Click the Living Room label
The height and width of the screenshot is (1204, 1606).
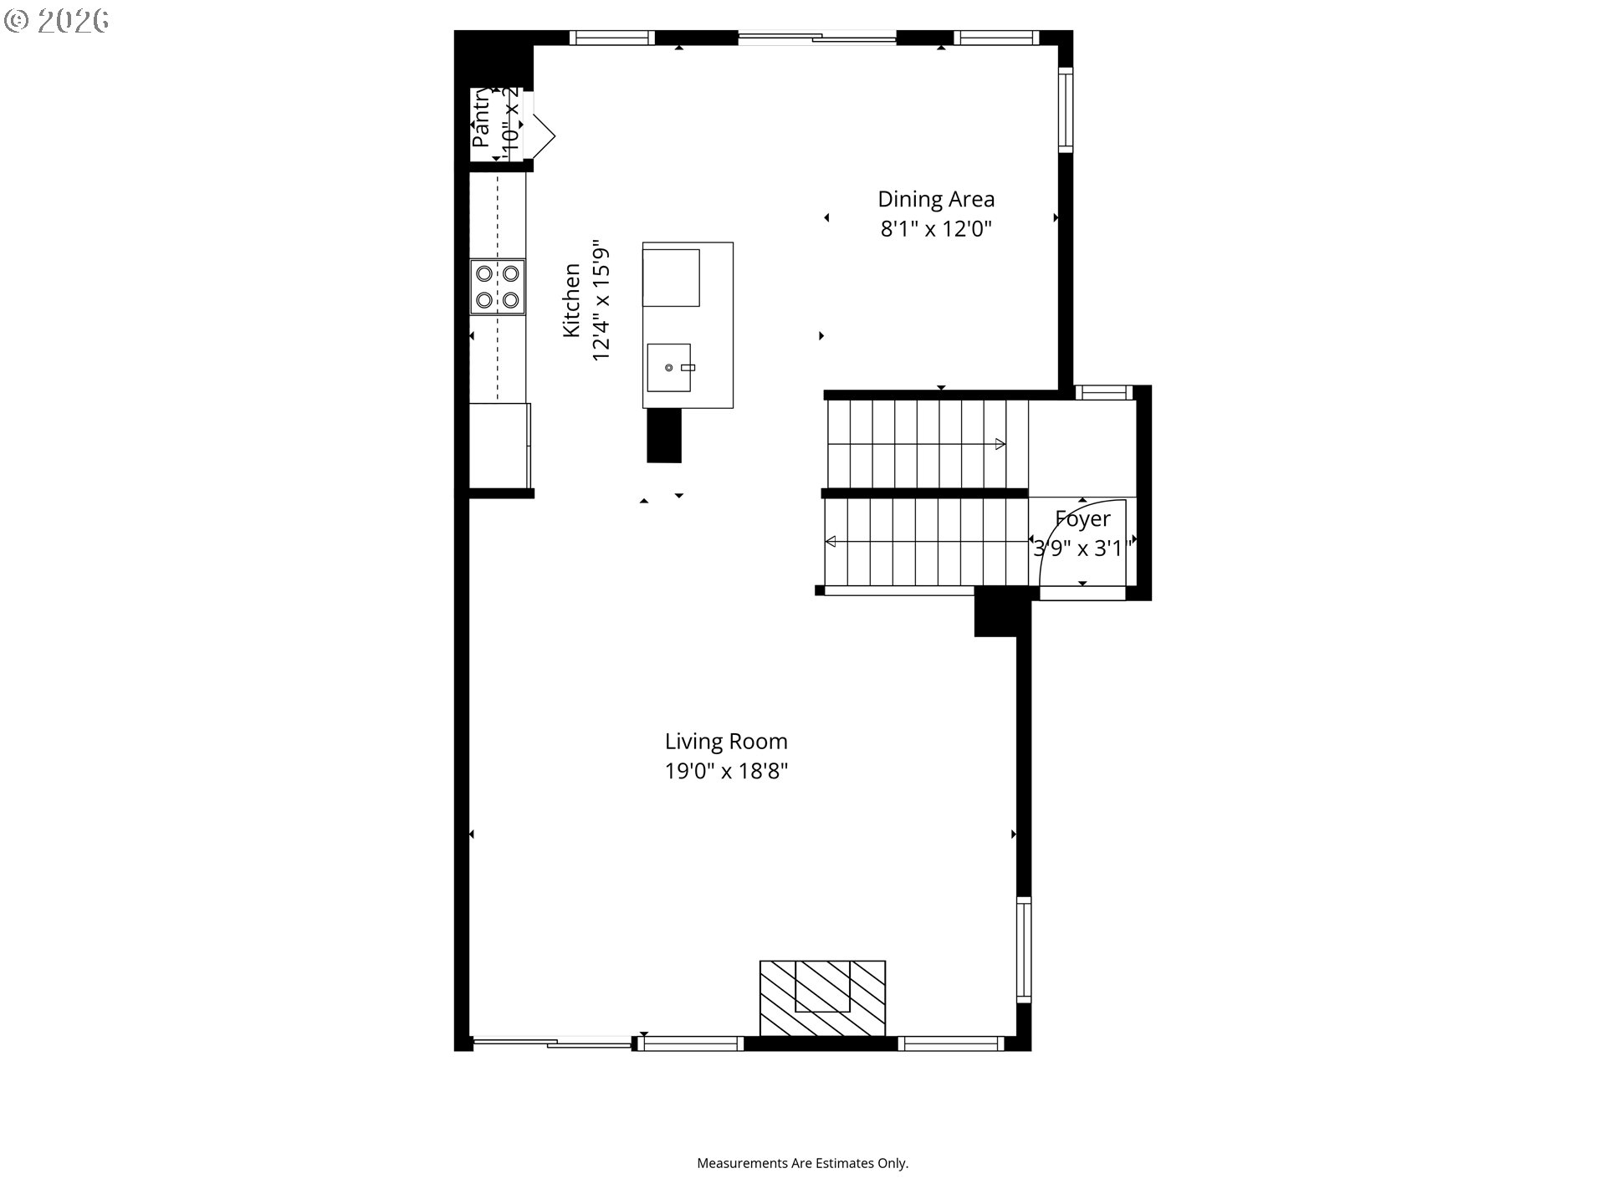tap(726, 742)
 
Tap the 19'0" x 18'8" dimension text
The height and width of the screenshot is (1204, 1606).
tap(726, 771)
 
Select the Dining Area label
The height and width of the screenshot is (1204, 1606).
tap(935, 199)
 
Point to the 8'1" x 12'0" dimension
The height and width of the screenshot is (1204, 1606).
tap(935, 229)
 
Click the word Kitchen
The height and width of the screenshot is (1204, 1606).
tap(571, 300)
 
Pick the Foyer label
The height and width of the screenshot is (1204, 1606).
tap(1082, 519)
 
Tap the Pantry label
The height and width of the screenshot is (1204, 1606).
tap(481, 119)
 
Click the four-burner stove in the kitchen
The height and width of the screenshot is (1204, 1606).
tap(498, 286)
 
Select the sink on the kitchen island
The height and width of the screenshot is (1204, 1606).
tap(669, 367)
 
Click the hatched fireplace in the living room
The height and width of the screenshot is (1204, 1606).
tap(822, 998)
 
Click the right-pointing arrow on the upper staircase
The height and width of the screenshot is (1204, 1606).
tap(1000, 445)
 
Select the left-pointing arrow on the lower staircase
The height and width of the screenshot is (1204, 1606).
tap(831, 542)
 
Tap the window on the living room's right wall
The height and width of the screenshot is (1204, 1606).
tap(1023, 949)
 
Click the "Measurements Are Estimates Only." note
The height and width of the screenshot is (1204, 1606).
tap(802, 1163)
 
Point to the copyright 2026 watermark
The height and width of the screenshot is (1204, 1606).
tap(57, 21)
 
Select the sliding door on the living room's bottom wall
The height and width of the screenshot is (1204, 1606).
tap(552, 1042)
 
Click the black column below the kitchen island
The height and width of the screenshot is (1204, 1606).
tap(664, 436)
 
